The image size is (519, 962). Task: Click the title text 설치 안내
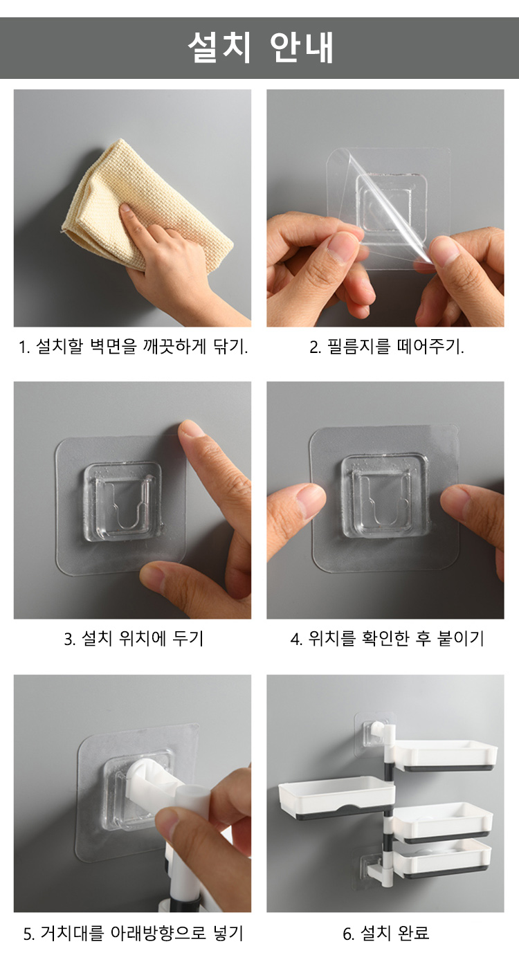pos(260,47)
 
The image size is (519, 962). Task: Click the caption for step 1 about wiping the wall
pos(133,347)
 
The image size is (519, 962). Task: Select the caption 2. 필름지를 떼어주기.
pos(386,347)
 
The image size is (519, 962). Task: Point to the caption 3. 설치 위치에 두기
pos(134,639)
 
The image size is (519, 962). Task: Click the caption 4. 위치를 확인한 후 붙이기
pos(386,639)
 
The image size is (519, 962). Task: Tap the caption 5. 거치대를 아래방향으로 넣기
pos(134,934)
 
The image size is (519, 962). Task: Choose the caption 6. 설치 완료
pos(386,934)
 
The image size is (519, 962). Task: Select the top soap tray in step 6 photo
pos(445,755)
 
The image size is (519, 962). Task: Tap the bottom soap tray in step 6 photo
pos(443,857)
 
